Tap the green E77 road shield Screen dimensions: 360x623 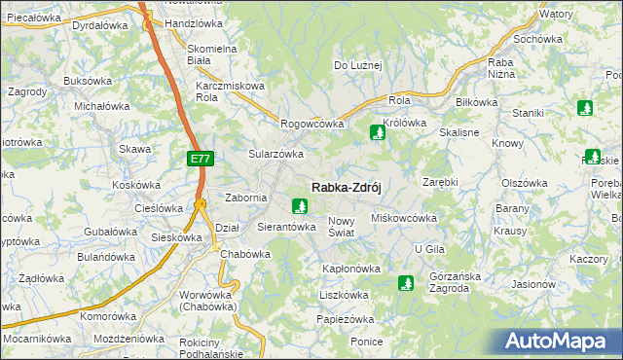coord(199,158)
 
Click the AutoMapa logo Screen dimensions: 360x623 coord(560,341)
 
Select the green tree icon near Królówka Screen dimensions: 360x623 coord(377,132)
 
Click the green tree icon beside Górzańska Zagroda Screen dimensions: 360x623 coord(405,283)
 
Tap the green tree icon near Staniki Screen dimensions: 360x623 coord(585,108)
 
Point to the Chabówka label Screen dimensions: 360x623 coord(244,254)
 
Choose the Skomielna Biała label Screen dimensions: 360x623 coord(212,54)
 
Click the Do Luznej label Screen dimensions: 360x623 coord(358,66)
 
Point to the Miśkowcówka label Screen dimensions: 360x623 coord(404,218)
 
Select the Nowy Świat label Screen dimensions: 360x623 coord(347,227)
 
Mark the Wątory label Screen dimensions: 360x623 coord(556,15)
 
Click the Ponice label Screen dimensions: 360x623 coord(366,342)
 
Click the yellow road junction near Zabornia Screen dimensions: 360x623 coord(200,204)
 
